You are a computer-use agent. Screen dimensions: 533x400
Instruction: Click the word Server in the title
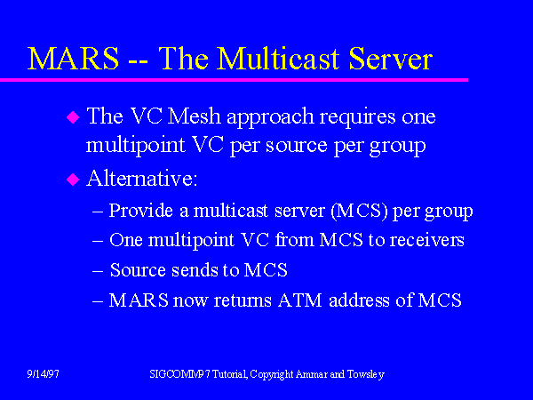pyautogui.click(x=390, y=58)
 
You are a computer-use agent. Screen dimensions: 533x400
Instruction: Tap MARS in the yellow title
pyautogui.click(x=74, y=58)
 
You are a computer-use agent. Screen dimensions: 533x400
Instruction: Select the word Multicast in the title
pyautogui.click(x=279, y=58)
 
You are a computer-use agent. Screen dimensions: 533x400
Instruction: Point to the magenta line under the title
pyautogui.click(x=234, y=80)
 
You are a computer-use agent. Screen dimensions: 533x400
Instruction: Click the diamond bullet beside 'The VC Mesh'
pyautogui.click(x=73, y=117)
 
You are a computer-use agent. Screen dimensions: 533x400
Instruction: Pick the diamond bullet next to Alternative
pyautogui.click(x=73, y=180)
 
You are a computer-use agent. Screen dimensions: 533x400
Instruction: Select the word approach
pyautogui.click(x=270, y=118)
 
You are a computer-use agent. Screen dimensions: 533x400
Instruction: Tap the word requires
pyautogui.click(x=358, y=117)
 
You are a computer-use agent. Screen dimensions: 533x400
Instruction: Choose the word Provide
pyautogui.click(x=141, y=211)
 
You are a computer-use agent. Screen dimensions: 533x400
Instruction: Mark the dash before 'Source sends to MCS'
pyautogui.click(x=98, y=271)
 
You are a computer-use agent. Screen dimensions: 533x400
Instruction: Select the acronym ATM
pyautogui.click(x=299, y=300)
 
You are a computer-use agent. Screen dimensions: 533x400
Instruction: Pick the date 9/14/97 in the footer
pyautogui.click(x=44, y=374)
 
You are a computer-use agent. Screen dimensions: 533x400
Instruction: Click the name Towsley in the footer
pyautogui.click(x=366, y=375)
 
